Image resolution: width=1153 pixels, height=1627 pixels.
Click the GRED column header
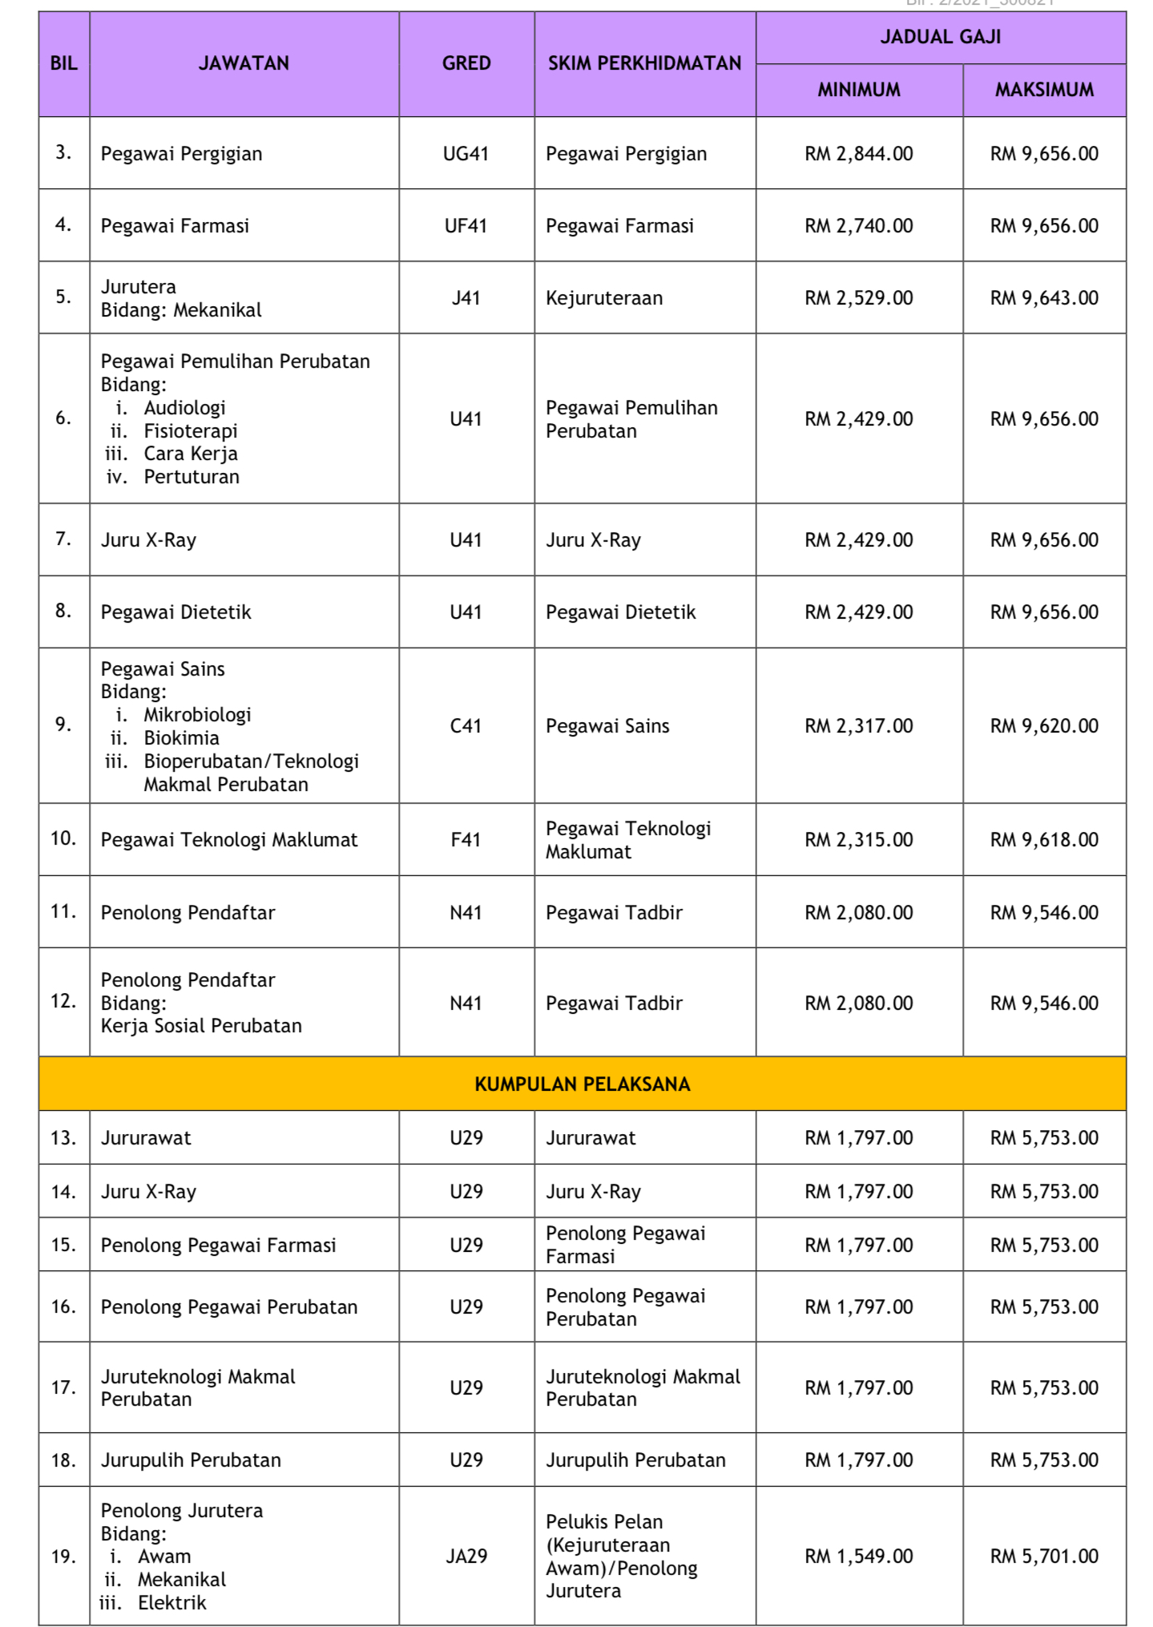[466, 63]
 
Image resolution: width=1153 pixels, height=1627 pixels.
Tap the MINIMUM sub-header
[859, 90]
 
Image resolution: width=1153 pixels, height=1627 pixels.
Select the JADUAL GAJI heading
[941, 37]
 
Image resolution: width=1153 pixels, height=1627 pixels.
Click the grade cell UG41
[466, 154]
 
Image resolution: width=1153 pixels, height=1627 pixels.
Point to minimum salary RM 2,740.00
[859, 226]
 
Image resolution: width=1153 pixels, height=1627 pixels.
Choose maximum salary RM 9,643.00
[1044, 298]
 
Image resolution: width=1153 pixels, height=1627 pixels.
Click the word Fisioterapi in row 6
[191, 431]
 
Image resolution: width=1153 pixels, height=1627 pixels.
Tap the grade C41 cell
[466, 726]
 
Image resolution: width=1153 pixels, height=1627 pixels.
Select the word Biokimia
[182, 738]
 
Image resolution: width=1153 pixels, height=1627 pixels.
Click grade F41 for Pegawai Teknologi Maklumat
[466, 840]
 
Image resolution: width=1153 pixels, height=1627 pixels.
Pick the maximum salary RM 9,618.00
[1044, 840]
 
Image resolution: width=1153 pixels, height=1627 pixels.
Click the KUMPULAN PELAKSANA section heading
[583, 1084]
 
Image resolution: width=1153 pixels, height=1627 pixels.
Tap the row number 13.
[63, 1138]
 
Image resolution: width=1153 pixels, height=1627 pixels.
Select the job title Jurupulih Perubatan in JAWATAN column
[191, 1460]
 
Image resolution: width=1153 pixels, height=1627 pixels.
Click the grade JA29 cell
[466, 1556]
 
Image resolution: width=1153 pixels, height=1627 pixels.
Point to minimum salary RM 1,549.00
[859, 1556]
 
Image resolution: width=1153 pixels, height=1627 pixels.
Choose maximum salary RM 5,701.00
[1044, 1556]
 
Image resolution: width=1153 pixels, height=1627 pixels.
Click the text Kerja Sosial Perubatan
[201, 1026]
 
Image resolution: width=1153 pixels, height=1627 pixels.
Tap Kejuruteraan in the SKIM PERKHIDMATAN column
[604, 298]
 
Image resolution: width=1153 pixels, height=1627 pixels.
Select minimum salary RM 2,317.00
[859, 726]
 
